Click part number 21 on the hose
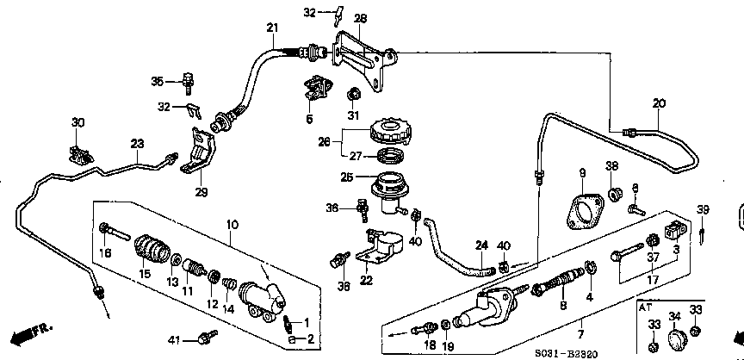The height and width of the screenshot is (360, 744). (x=272, y=29)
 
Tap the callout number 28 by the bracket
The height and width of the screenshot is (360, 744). (x=360, y=18)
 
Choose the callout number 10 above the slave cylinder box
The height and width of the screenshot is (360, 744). (x=232, y=226)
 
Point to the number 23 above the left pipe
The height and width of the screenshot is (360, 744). (x=137, y=144)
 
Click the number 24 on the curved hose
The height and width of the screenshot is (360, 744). (x=481, y=245)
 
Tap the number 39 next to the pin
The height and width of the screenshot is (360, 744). (x=703, y=211)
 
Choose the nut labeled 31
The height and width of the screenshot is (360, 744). (x=353, y=95)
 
